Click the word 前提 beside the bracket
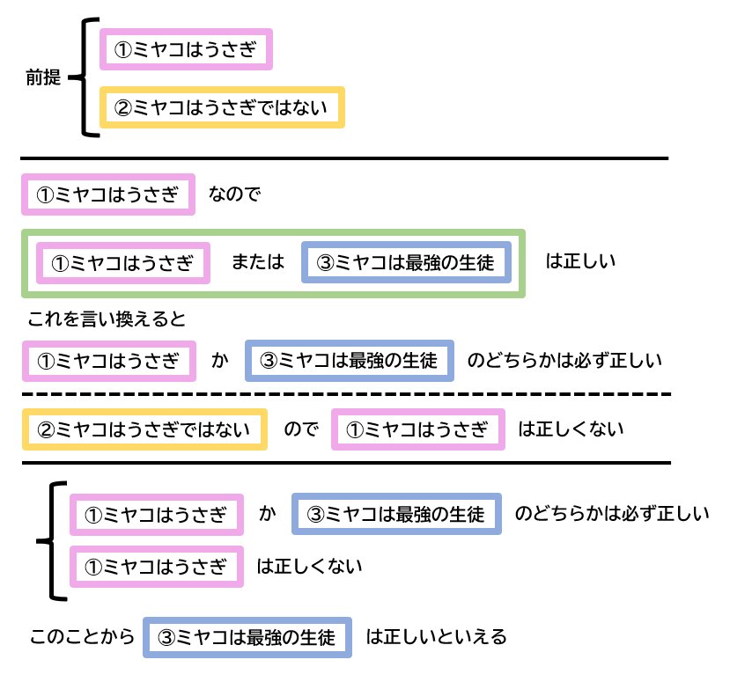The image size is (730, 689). (43, 77)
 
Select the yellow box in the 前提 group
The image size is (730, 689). (221, 107)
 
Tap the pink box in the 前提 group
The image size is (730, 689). (187, 50)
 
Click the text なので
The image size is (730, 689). (235, 194)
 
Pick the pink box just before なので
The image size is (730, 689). (108, 194)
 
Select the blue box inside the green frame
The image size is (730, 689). (406, 262)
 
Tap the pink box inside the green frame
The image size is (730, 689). (122, 263)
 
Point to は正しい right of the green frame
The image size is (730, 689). (580, 261)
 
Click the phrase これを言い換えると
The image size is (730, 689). (107, 319)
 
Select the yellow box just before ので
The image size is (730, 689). (144, 429)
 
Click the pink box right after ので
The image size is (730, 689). (417, 429)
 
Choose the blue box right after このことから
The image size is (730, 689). (247, 637)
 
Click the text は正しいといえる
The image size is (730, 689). (436, 636)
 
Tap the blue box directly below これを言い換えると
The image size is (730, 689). (350, 361)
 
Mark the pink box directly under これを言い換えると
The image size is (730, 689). (108, 361)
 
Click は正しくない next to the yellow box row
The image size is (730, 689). (571, 429)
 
